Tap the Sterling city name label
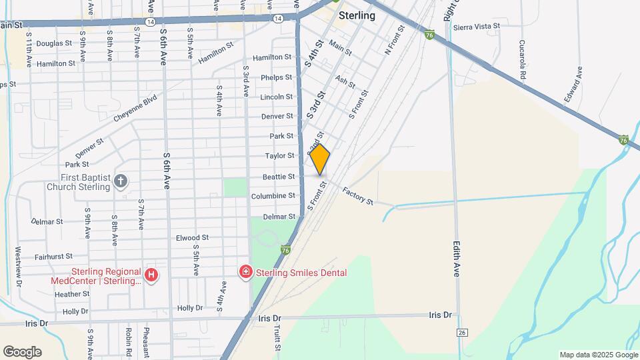tap(357, 15)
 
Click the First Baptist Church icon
tap(120, 181)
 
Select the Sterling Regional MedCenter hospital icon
tap(151, 274)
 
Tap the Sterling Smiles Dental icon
tap(245, 272)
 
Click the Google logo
tap(22, 352)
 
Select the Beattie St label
tap(279, 177)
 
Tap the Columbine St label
tap(273, 196)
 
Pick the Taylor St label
tap(280, 155)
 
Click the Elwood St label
tap(192, 237)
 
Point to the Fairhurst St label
tap(53, 256)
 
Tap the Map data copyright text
tap(597, 355)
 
